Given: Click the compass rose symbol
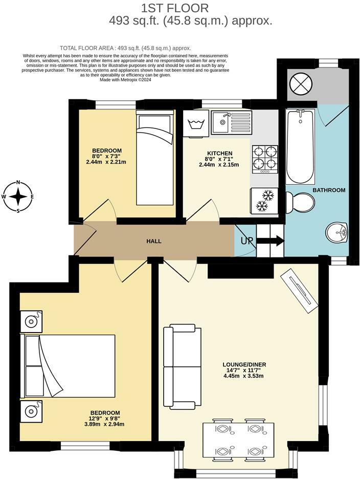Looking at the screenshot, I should point(18,196).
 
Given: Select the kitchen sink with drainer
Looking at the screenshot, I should point(231,122).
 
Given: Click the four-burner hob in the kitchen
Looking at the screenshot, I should point(265,158).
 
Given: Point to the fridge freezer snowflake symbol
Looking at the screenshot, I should point(264,200).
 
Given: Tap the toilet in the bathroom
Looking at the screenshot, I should point(298,202).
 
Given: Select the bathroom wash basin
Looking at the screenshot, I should point(337,233).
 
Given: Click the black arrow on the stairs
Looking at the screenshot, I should point(271,241).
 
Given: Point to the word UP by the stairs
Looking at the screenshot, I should point(246,241).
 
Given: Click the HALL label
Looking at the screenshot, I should point(154,241).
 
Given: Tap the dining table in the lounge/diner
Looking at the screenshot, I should point(238,440).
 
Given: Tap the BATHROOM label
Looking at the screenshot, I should point(329,190).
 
